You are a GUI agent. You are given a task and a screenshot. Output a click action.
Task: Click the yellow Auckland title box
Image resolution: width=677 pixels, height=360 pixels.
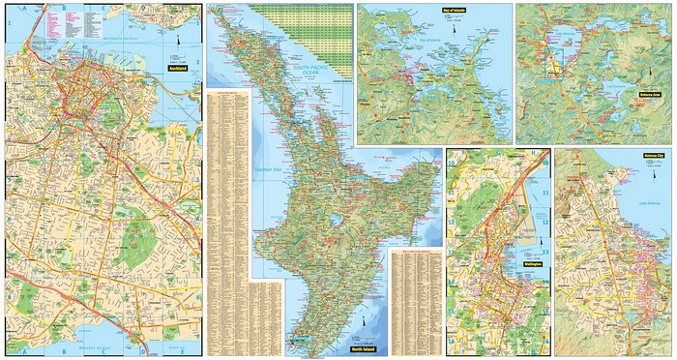[177, 70]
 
